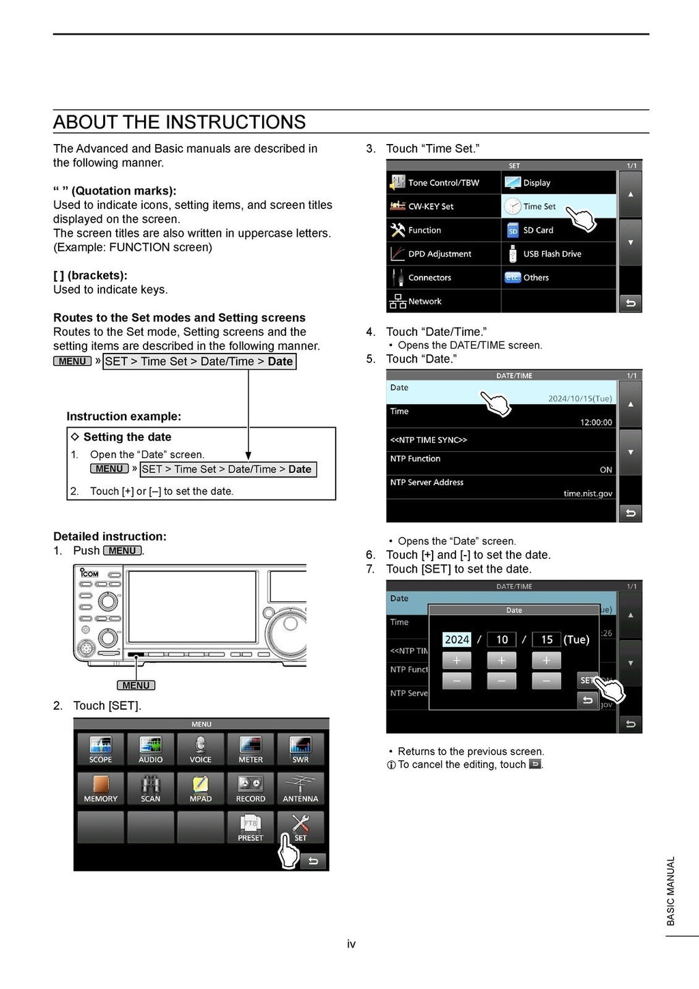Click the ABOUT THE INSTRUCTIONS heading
click(180, 122)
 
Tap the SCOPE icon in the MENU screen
click(100, 749)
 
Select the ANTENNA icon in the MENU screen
click(300, 788)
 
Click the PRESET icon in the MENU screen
click(251, 827)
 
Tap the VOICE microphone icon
click(201, 749)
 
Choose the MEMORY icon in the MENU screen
click(100, 788)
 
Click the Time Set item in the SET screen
click(539, 206)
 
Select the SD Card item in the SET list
click(538, 230)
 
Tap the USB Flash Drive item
click(552, 254)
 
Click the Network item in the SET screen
click(425, 301)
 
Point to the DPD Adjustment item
click(440, 254)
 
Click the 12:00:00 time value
click(596, 422)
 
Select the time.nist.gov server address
click(588, 493)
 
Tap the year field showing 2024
click(457, 640)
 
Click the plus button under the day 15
click(546, 660)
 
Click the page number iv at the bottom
click(351, 944)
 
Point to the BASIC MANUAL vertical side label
click(670, 891)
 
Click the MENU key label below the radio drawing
click(136, 685)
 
